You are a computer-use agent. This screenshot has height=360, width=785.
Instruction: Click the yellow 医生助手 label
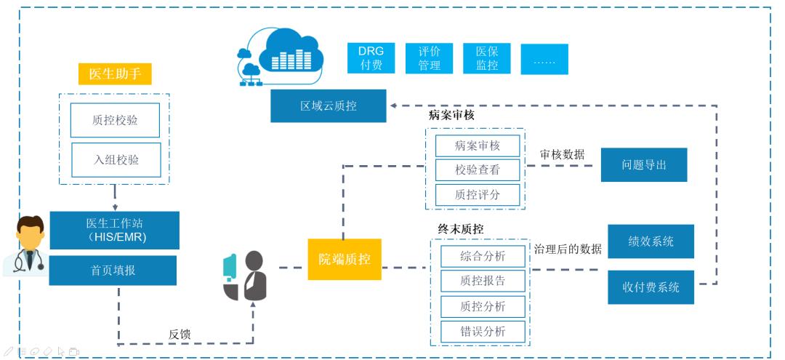(115, 73)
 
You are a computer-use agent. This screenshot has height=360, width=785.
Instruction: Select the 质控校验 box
(114, 120)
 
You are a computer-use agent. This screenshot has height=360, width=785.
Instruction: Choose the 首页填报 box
(113, 270)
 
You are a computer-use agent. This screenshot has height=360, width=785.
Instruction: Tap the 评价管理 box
(429, 58)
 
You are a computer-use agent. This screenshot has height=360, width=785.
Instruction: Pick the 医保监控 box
(486, 58)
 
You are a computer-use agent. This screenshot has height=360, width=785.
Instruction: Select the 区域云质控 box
(329, 106)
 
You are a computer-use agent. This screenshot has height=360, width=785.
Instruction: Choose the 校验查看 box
(478, 169)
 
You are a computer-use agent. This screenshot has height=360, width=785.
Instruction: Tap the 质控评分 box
(478, 195)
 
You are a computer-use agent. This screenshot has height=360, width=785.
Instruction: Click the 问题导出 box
(643, 165)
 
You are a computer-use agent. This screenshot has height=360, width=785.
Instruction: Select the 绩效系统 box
(651, 241)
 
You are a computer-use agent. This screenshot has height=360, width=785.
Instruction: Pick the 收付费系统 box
(651, 287)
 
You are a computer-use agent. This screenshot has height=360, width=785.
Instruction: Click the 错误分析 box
(483, 332)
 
